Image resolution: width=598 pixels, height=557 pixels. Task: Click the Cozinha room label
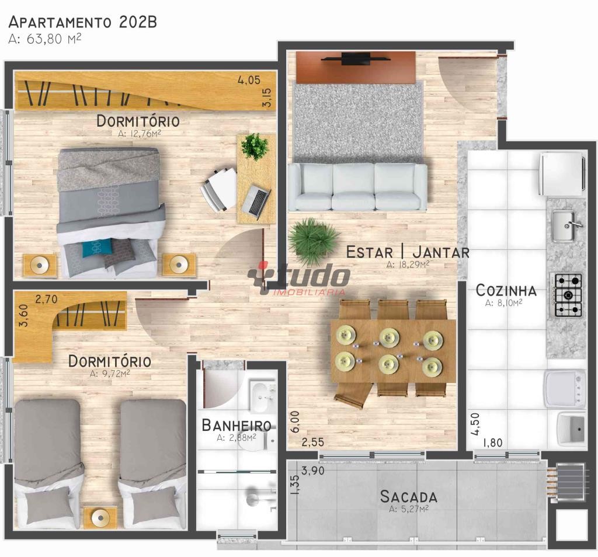[x=506, y=291]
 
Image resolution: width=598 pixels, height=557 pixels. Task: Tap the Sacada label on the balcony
[x=408, y=497]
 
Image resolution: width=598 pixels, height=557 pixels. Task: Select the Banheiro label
[x=237, y=425]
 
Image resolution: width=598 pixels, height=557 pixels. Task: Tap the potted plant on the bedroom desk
[x=255, y=146]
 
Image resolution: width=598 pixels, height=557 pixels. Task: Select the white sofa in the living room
[x=358, y=187]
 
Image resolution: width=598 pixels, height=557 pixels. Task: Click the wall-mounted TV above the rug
[x=356, y=59]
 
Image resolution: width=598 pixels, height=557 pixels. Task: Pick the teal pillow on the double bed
[x=98, y=248]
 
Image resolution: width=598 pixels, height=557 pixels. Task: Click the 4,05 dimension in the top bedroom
[x=249, y=80]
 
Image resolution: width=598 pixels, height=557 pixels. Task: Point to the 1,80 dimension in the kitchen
[x=493, y=443]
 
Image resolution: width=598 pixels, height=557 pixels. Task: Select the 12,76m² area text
[x=139, y=134]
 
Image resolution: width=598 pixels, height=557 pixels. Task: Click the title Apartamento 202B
[x=83, y=22]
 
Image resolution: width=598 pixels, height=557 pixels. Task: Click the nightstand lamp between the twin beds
[x=100, y=518]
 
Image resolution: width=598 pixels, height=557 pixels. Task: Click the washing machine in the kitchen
[x=565, y=389]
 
